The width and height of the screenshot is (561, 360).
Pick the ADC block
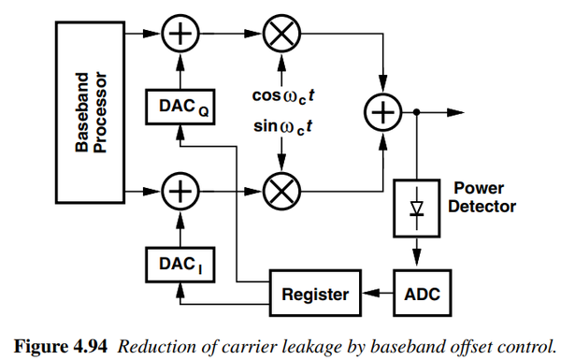418,295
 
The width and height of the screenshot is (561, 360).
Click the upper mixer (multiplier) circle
279,36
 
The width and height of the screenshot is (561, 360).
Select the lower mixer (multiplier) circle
279,192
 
